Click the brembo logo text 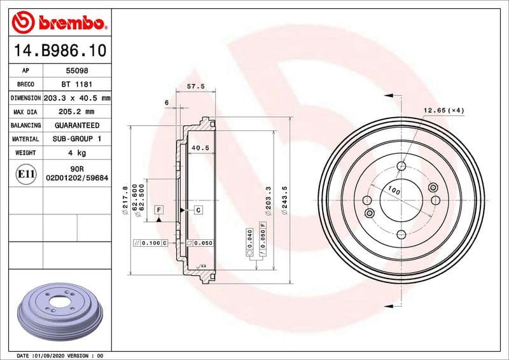(x=69, y=24)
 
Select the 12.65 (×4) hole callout (x=444, y=111)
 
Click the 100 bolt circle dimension (x=394, y=191)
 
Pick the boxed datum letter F (x=158, y=209)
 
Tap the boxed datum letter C (x=198, y=209)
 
